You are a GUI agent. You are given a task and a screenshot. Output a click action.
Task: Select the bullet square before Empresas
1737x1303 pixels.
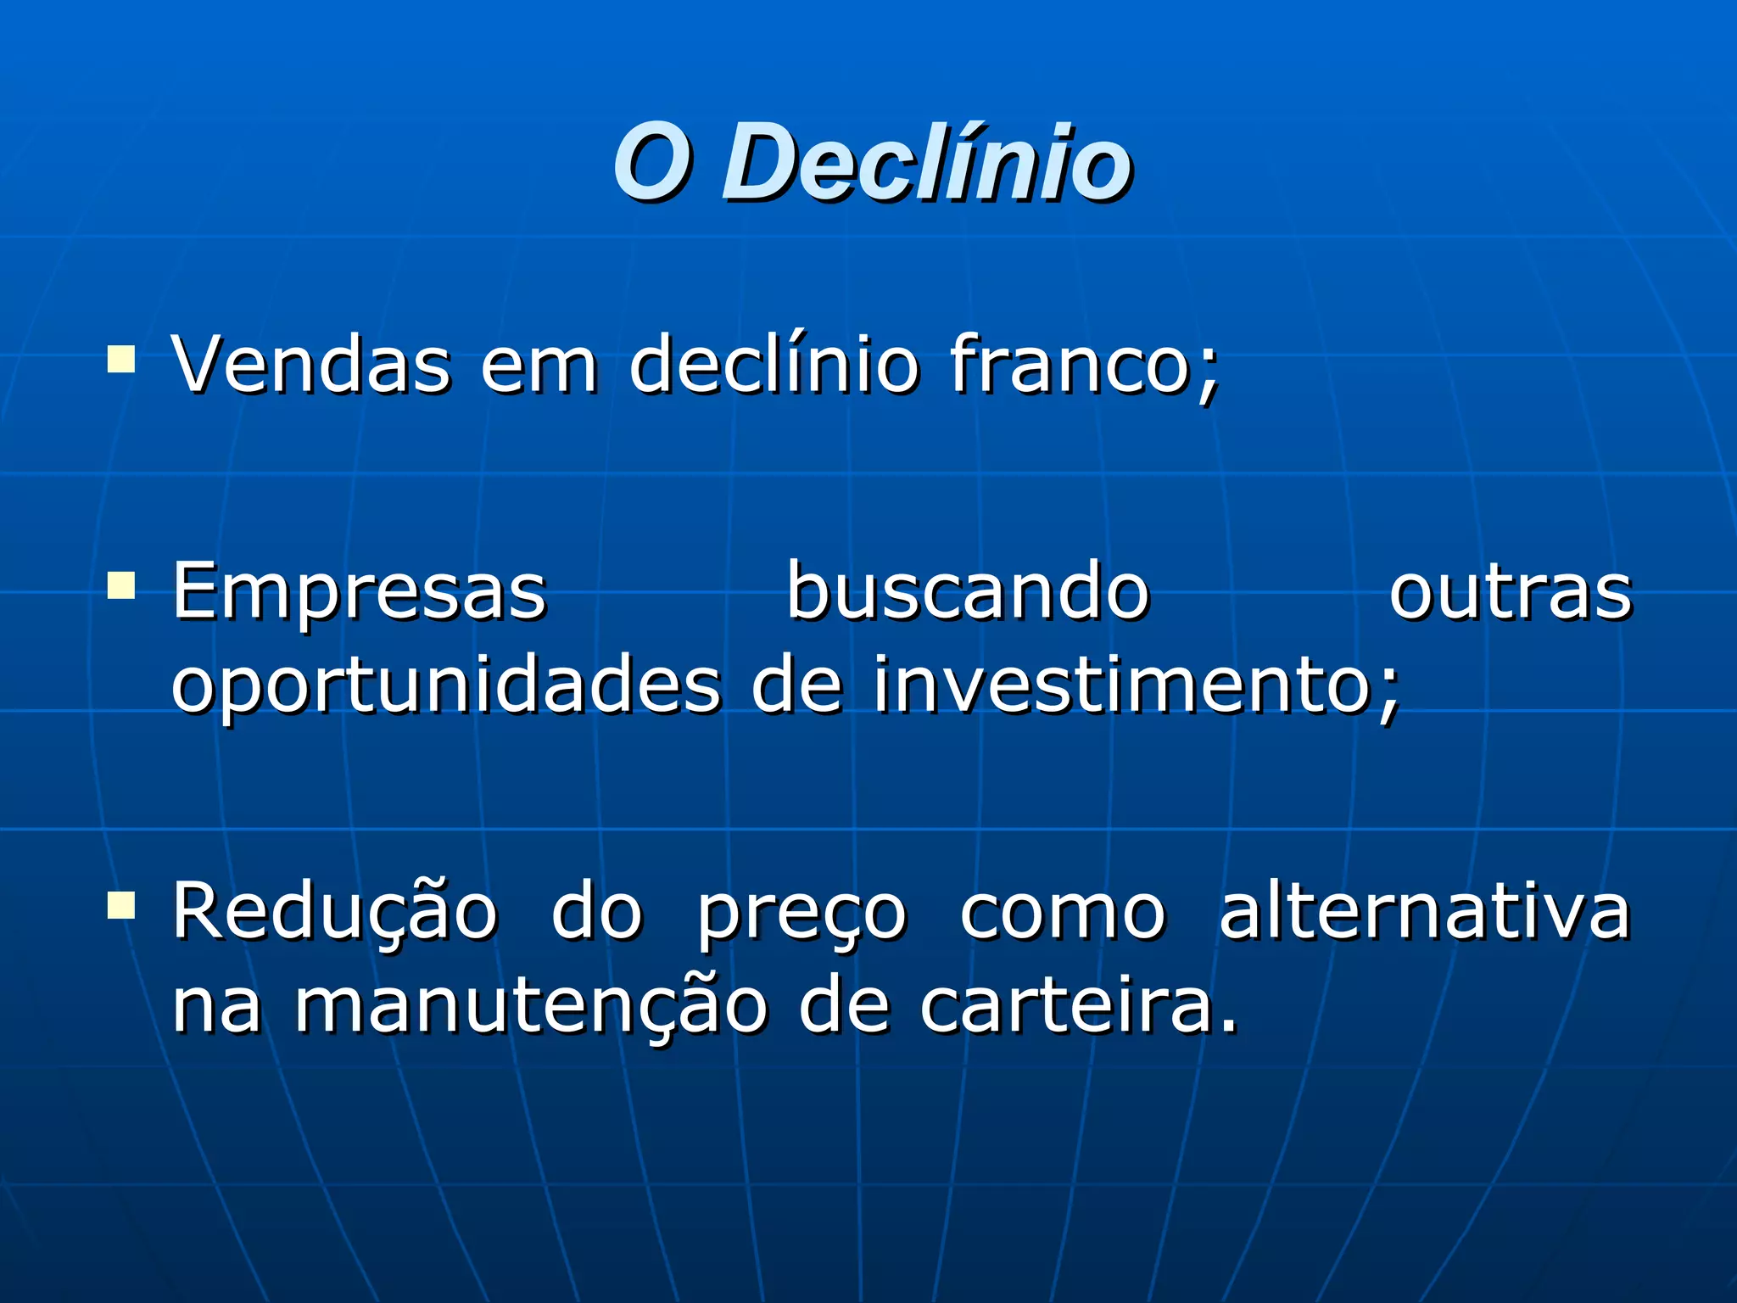pyautogui.click(x=121, y=585)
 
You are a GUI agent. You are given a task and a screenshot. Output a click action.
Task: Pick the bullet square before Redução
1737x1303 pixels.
pyautogui.click(x=121, y=905)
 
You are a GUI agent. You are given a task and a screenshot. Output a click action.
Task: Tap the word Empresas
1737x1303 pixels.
pyautogui.click(x=360, y=592)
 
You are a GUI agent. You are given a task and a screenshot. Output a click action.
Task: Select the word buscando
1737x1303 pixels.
pyautogui.click(x=968, y=592)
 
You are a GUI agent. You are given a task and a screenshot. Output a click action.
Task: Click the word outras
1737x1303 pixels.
pyautogui.click(x=1511, y=592)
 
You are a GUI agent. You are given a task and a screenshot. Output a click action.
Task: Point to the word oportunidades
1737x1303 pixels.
pyautogui.click(x=446, y=687)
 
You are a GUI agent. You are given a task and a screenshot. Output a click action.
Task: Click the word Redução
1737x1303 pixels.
pyautogui.click(x=335, y=913)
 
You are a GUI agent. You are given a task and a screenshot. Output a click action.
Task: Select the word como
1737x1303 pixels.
pyautogui.click(x=1063, y=914)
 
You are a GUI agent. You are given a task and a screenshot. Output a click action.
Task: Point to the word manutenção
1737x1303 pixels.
pyautogui.click(x=530, y=1008)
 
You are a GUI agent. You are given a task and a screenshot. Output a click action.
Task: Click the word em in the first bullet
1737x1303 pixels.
pyautogui.click(x=539, y=366)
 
